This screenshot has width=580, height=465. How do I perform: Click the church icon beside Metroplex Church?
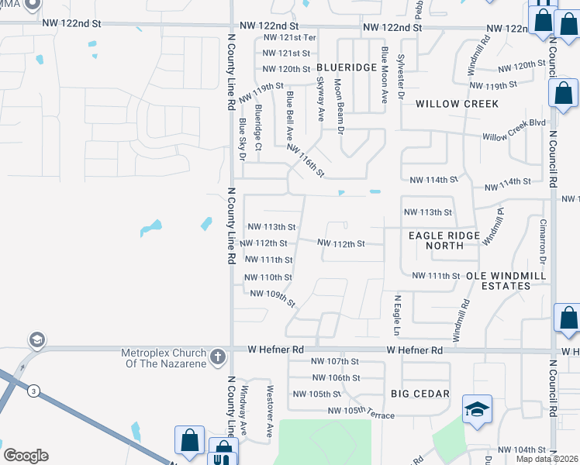click(x=218, y=357)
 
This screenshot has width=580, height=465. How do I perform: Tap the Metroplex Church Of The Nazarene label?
click(x=164, y=358)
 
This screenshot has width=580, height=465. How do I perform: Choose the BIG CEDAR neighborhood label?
click(x=420, y=394)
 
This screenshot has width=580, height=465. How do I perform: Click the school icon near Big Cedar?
click(x=477, y=408)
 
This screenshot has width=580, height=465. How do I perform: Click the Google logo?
click(x=26, y=456)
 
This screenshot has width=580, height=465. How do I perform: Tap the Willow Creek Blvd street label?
click(x=513, y=130)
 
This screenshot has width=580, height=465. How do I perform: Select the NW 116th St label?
click(x=305, y=160)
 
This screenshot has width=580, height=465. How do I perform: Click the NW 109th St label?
click(x=273, y=298)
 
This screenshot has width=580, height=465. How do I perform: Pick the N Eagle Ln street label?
click(x=397, y=315)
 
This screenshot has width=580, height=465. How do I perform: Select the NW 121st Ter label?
click(x=289, y=37)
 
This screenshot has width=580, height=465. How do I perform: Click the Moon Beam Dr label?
click(x=339, y=107)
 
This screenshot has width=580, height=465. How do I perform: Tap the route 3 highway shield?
click(x=33, y=391)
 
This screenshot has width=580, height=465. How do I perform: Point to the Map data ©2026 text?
click(x=547, y=459)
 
